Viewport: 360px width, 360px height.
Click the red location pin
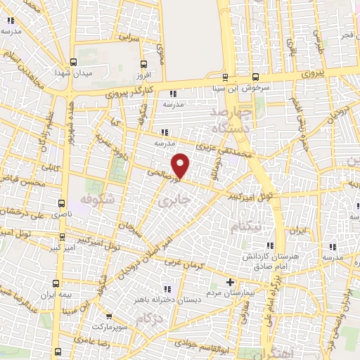[x=181, y=165]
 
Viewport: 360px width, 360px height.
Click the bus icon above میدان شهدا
[x=74, y=60]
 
